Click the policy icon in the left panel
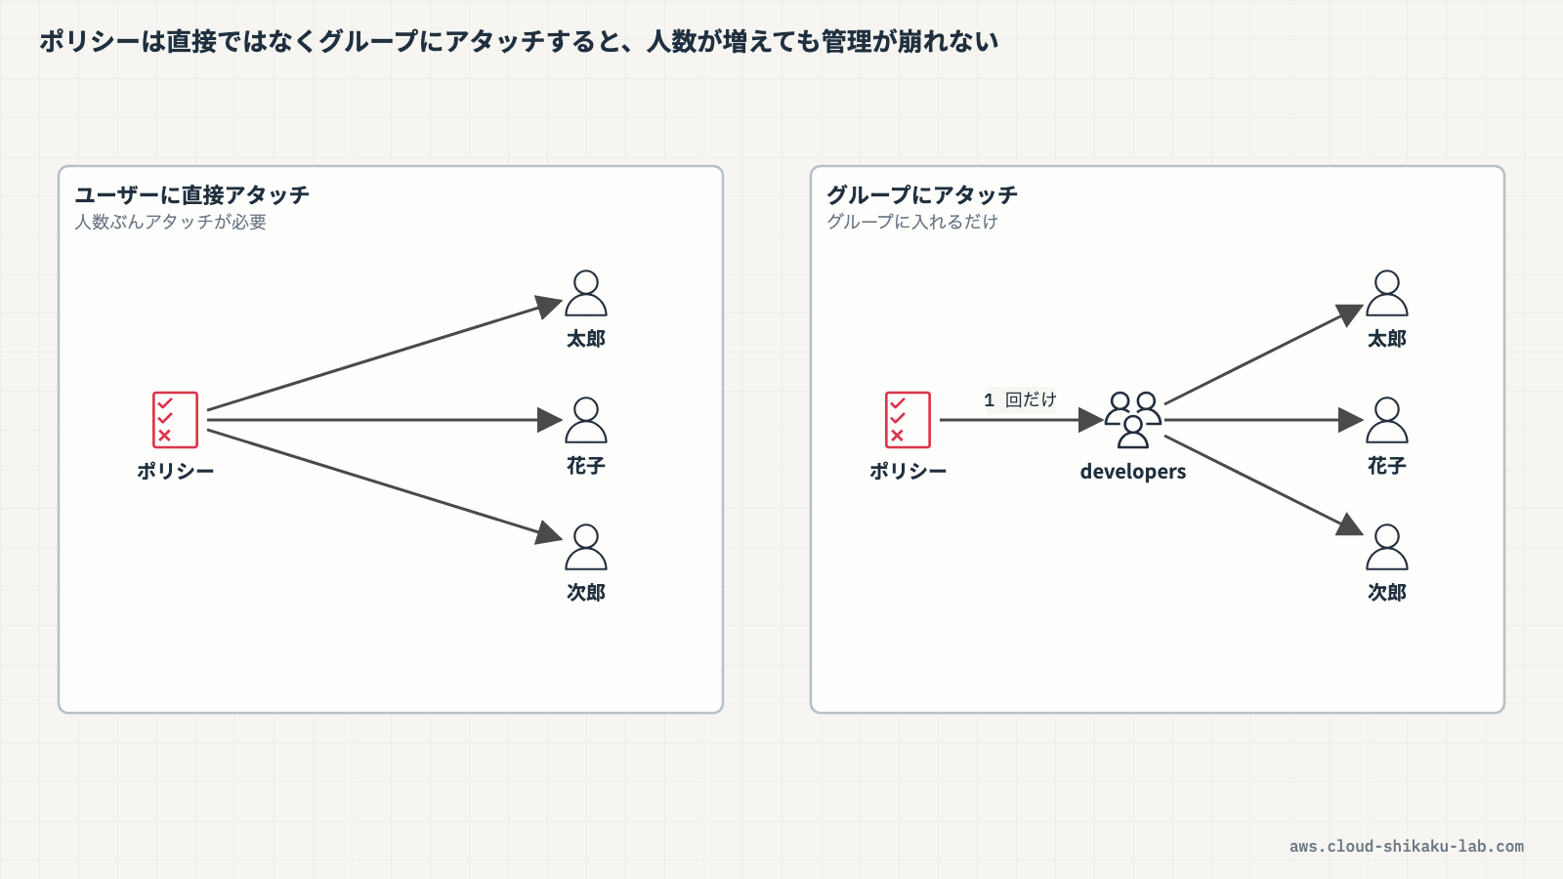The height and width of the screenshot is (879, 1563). coord(175,419)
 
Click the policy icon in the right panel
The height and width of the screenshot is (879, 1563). coord(908,419)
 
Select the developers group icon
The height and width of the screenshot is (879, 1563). coord(1133,419)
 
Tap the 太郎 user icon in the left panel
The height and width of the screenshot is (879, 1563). coord(586,294)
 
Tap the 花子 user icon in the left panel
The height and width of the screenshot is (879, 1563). coord(586,420)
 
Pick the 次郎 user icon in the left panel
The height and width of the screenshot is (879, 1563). coord(586,547)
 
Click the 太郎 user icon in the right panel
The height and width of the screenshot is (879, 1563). coord(1386,294)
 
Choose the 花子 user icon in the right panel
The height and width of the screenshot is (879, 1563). coord(1386,420)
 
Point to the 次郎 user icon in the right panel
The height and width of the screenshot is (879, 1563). coord(1386,547)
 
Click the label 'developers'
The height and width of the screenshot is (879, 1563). coord(1133,472)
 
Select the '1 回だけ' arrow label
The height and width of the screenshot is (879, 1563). coord(1020,399)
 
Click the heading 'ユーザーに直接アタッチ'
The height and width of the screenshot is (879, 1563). coord(191,194)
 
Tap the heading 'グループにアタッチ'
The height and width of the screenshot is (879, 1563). coord(922,194)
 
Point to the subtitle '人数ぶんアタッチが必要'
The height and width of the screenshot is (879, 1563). coord(170,222)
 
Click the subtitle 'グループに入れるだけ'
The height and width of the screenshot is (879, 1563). coord(912,222)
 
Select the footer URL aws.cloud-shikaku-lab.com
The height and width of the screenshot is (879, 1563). coord(1407,847)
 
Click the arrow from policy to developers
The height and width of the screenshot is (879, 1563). coord(1022,420)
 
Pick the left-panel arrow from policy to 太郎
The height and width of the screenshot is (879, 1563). coord(385,356)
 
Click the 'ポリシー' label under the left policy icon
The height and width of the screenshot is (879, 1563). coord(175,472)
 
